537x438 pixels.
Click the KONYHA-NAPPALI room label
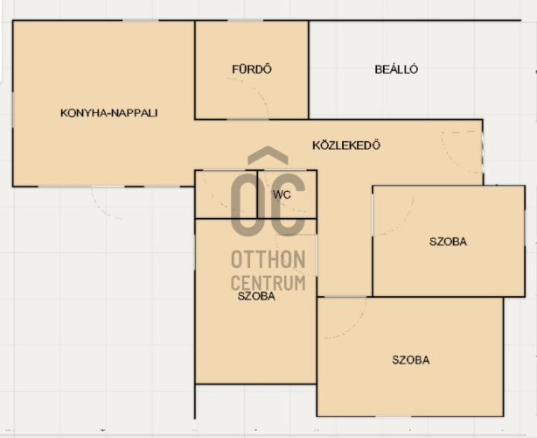(109, 113)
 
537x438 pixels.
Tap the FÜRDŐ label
(252, 69)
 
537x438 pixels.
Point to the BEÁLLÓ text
(396, 69)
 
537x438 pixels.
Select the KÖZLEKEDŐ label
(346, 145)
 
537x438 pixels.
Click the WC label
(282, 194)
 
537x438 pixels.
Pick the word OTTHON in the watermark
(268, 259)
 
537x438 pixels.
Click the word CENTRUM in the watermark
(268, 283)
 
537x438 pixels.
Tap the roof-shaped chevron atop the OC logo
(268, 153)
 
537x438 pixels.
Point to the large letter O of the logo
(245, 204)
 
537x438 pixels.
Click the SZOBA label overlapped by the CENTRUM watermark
(256, 296)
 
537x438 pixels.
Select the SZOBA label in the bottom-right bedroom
(411, 360)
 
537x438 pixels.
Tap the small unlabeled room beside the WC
(226, 194)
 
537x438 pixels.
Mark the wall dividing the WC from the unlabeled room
(257, 194)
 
